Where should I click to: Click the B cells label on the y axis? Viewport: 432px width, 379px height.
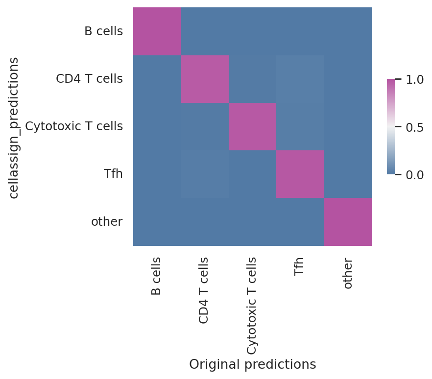point(104,31)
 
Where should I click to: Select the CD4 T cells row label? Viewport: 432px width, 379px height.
point(89,79)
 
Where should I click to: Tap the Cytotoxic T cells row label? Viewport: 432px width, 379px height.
point(74,126)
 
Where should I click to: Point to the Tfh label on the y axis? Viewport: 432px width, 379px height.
point(113,174)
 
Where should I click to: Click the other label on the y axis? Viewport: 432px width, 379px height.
point(107,221)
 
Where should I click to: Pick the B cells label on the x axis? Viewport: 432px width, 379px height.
point(156,276)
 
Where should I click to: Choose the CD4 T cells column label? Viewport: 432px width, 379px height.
point(203,290)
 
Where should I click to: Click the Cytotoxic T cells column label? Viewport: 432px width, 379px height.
point(251,306)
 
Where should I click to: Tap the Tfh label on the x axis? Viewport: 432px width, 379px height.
point(299,266)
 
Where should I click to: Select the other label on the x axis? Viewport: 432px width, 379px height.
point(348,273)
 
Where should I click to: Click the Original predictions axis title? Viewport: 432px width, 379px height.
point(253,364)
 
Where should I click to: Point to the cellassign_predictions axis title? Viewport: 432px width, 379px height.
point(14,128)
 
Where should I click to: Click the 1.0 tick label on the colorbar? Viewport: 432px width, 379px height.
point(415,80)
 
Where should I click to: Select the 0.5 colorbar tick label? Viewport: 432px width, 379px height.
point(415,127)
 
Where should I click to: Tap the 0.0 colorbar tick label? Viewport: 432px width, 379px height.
point(415,175)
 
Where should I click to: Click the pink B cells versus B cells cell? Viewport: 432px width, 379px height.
point(157,31)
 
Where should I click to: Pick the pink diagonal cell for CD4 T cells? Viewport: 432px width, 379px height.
point(205,79)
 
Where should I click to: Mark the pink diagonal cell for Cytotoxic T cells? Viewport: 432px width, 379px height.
point(252,127)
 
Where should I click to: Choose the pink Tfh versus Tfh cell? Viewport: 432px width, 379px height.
point(300,174)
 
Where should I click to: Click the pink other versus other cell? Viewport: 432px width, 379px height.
point(348,222)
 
